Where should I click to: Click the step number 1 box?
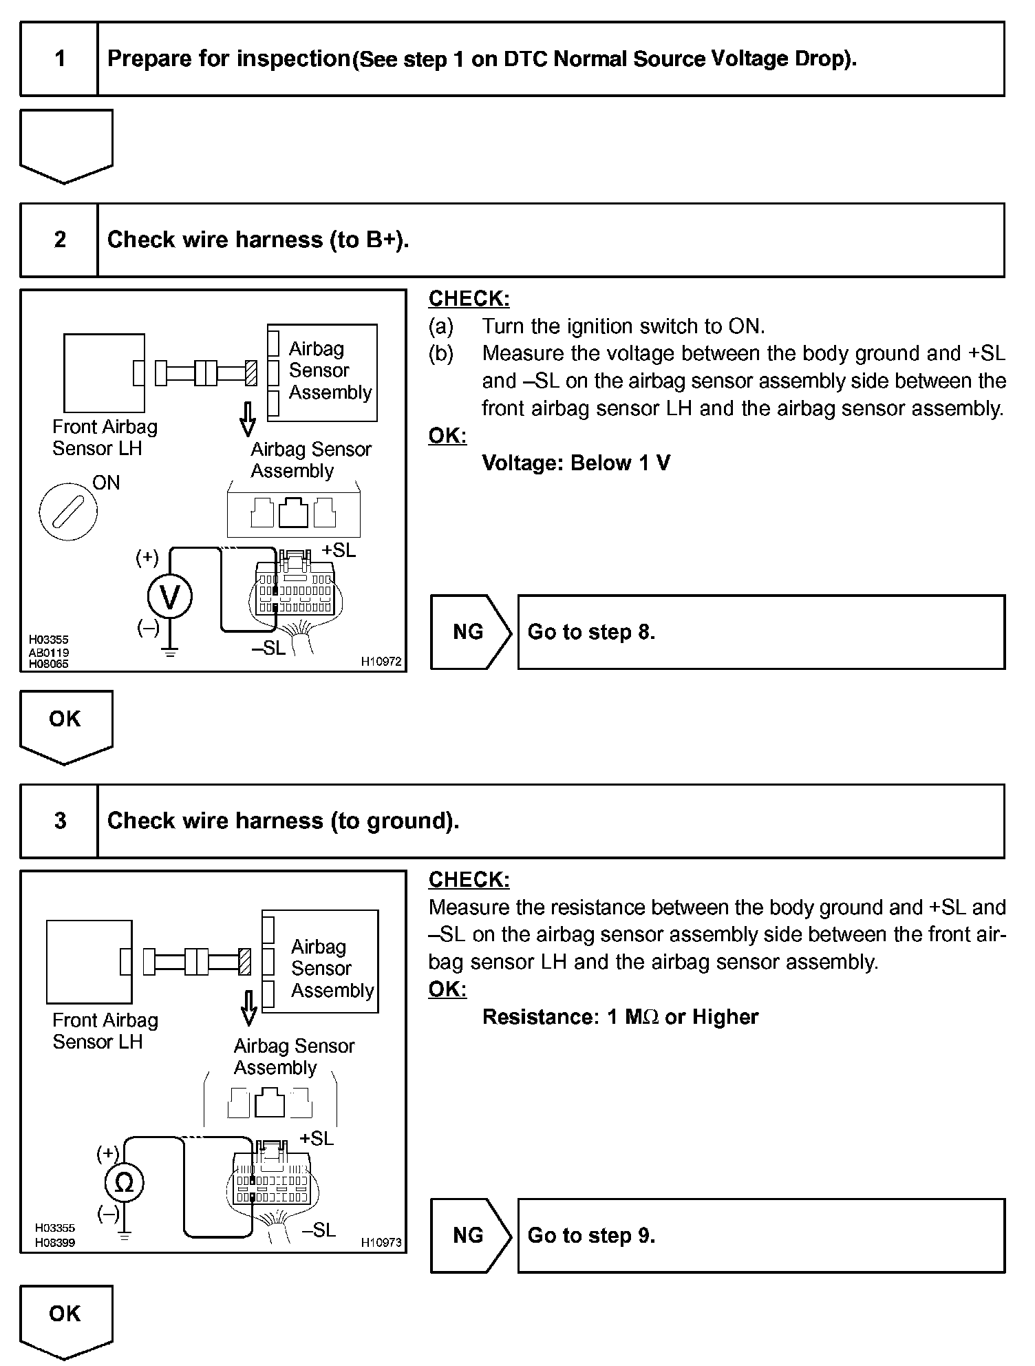[x=60, y=59]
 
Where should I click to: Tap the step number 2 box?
[x=60, y=240]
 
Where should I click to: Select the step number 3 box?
[x=60, y=821]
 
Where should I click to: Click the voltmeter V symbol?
[x=170, y=597]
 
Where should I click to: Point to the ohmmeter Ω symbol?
[x=125, y=1183]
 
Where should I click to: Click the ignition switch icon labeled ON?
[x=68, y=512]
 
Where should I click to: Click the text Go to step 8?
[x=591, y=632]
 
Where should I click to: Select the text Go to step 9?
[x=591, y=1235]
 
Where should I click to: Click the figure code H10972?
[x=381, y=662]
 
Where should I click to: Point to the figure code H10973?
[x=381, y=1243]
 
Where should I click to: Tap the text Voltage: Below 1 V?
[x=576, y=463]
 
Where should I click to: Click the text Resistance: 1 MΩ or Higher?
[x=620, y=1017]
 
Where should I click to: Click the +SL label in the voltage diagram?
[x=339, y=551]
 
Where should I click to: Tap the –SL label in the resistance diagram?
[x=319, y=1230]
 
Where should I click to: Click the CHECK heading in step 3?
[x=469, y=880]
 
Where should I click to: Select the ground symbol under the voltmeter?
[x=170, y=651]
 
